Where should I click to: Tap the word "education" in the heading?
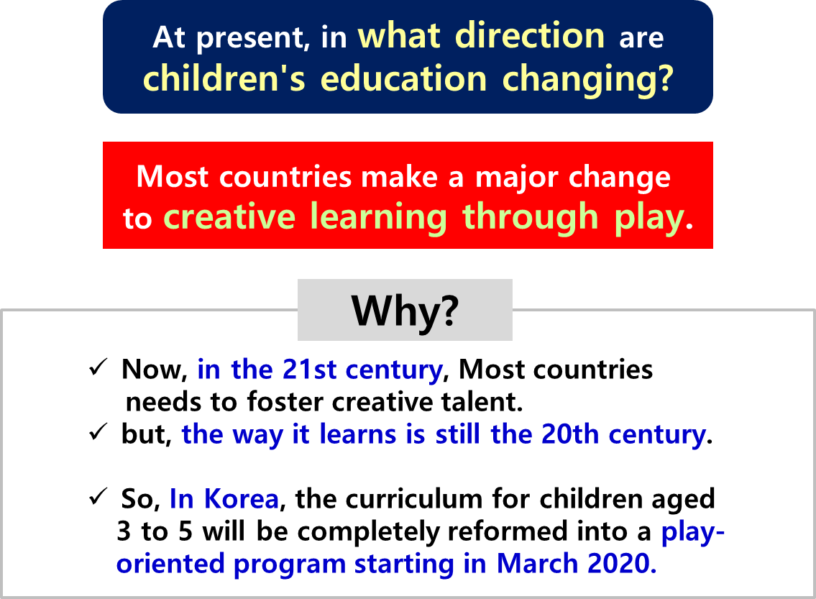[x=403, y=78]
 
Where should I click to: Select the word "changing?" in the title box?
[x=588, y=81]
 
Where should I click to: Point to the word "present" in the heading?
[x=252, y=39]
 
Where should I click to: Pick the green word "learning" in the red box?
[x=378, y=218]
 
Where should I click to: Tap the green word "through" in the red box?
[x=531, y=218]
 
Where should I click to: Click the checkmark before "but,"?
[x=98, y=431]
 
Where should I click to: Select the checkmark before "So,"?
[x=98, y=496]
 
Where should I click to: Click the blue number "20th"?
[x=570, y=434]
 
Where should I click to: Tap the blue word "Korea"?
[x=242, y=498]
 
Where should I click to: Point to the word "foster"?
[x=285, y=402]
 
